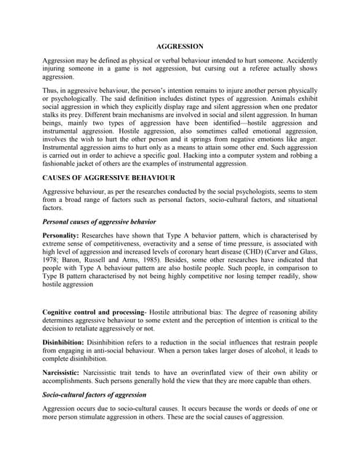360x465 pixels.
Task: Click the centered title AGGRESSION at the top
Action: pos(180,46)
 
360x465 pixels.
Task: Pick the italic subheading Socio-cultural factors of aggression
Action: pos(105,394)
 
